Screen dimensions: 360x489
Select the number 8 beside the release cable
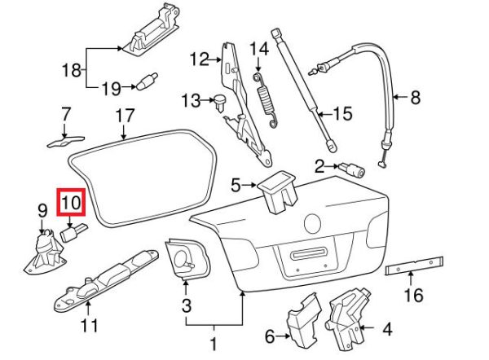pyautogui.click(x=415, y=99)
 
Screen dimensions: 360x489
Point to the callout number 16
pyautogui.click(x=414, y=295)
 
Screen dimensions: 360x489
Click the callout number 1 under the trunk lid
pyautogui.click(x=214, y=345)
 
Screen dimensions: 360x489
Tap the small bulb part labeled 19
pyautogui.click(x=148, y=82)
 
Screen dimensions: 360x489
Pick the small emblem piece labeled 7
pyautogui.click(x=64, y=139)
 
